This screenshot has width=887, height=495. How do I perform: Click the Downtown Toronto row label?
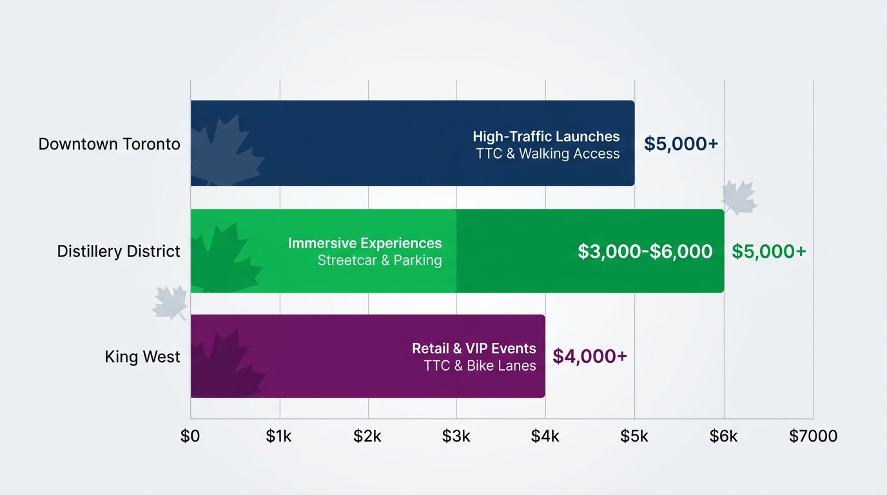pyautogui.click(x=109, y=144)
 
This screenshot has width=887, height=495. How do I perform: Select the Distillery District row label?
pyautogui.click(x=119, y=251)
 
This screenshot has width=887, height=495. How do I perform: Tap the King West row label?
pyautogui.click(x=142, y=356)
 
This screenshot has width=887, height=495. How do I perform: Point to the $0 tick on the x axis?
pyautogui.click(x=190, y=436)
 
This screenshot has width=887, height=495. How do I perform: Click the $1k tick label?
pyautogui.click(x=279, y=436)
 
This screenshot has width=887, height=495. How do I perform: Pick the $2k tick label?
pyautogui.click(x=367, y=436)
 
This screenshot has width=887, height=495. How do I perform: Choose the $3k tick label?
pyautogui.click(x=456, y=436)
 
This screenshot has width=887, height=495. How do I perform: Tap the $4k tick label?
pyautogui.click(x=545, y=436)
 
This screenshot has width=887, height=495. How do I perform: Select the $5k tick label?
pyautogui.click(x=634, y=436)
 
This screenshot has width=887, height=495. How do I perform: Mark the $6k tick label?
pyautogui.click(x=723, y=436)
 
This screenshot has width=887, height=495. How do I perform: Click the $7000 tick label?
pyautogui.click(x=813, y=436)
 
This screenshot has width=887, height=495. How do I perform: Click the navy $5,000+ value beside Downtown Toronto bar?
pyautogui.click(x=681, y=144)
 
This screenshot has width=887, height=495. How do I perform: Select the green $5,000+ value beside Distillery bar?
pyautogui.click(x=768, y=251)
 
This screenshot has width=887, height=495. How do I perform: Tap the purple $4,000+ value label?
pyautogui.click(x=590, y=356)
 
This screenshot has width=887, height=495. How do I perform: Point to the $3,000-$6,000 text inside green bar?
pyautogui.click(x=645, y=251)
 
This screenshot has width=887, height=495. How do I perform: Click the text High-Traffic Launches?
pyautogui.click(x=546, y=136)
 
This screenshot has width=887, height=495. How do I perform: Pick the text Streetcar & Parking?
pyautogui.click(x=380, y=260)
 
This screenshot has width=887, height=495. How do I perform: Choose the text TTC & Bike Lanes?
pyautogui.click(x=480, y=365)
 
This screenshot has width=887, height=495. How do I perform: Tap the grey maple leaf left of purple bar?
pyautogui.click(x=170, y=304)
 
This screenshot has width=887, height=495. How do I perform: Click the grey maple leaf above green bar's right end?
pyautogui.click(x=739, y=197)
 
